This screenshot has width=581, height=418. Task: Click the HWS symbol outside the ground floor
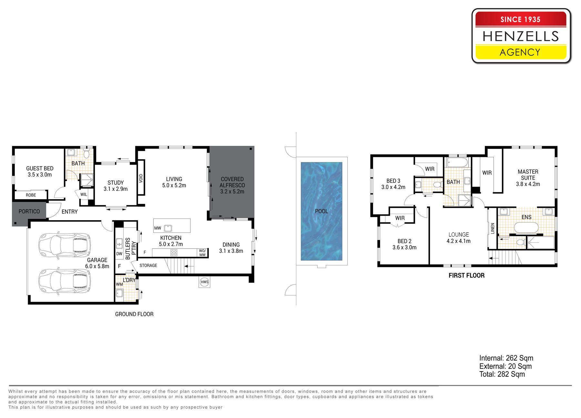[205, 282]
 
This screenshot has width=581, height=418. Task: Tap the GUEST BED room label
[40, 168]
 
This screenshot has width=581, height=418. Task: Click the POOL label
[321, 211]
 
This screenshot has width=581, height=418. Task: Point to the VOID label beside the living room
[141, 178]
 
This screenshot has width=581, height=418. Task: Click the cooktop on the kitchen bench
[174, 252]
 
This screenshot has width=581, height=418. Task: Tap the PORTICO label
[29, 211]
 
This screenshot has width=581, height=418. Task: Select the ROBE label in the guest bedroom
[31, 195]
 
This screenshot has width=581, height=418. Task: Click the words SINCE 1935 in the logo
[520, 19]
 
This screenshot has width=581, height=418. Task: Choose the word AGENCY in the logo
[520, 52]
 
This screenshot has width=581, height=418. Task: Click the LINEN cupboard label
[492, 229]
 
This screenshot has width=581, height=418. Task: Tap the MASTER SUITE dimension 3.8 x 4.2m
[528, 184]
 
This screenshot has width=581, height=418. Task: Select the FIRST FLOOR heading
[466, 275]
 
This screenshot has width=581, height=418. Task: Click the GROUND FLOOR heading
[134, 314]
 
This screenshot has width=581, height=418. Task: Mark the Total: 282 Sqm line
[502, 374]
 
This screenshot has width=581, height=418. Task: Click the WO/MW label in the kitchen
[202, 253]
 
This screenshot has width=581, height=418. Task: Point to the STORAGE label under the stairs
[148, 265]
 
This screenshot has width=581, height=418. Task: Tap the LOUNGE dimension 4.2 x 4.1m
[458, 241]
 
